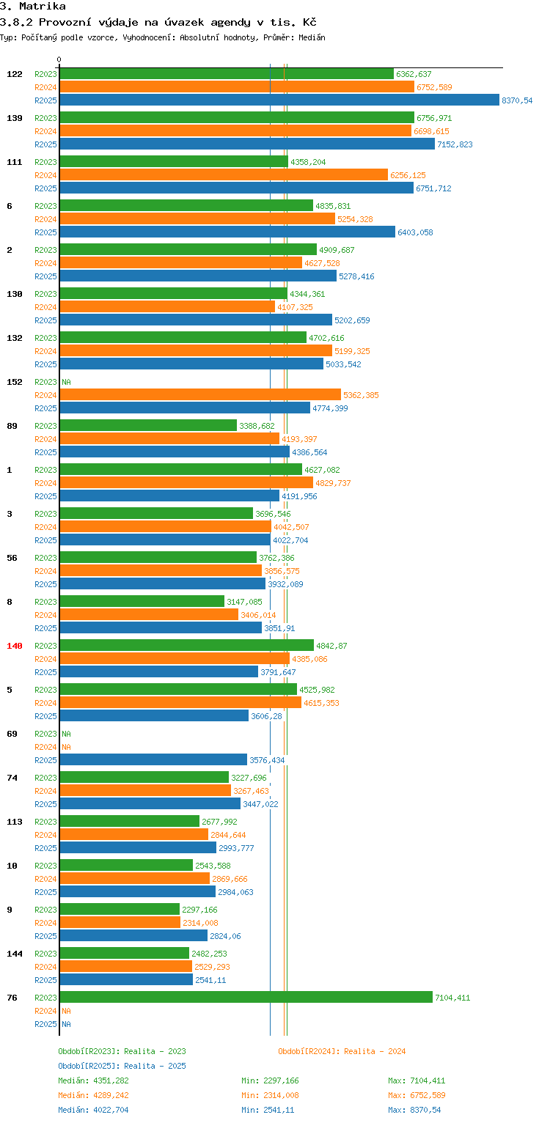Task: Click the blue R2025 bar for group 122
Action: [279, 100]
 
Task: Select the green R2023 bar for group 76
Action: [246, 998]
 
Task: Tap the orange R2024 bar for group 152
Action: [200, 395]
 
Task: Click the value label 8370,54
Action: [517, 100]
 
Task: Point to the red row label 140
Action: [15, 646]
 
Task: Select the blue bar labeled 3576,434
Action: [153, 760]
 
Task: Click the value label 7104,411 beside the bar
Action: [452, 998]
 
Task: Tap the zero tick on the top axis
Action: [59, 60]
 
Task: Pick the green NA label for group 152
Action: [66, 382]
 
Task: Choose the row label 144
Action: [15, 954]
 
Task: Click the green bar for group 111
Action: [174, 162]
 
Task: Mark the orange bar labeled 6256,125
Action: [224, 175]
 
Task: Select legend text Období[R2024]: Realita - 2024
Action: [342, 1051]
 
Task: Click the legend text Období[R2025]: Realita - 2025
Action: [122, 1066]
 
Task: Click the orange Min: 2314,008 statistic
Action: [270, 1095]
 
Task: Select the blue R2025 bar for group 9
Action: [133, 936]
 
